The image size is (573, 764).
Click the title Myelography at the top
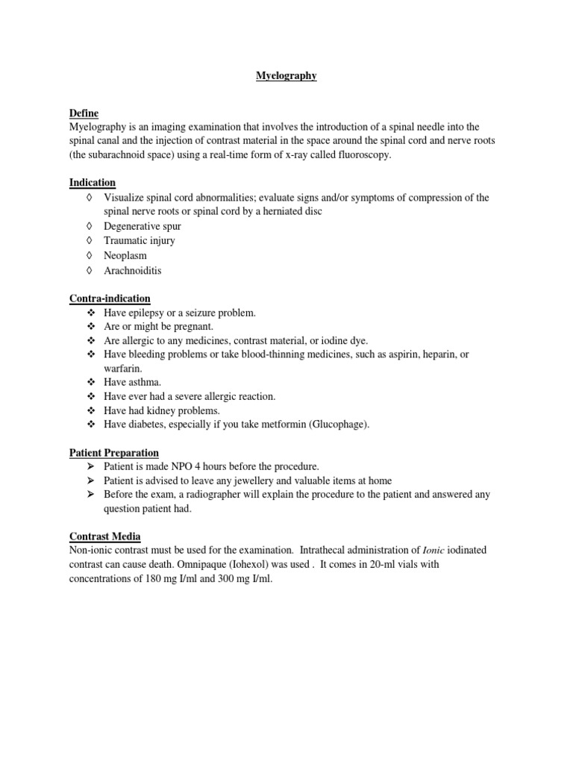[286, 76]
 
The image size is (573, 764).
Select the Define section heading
[84, 113]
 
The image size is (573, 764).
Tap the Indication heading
[93, 183]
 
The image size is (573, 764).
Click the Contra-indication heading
[110, 298]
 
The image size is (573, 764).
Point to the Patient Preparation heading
[113, 452]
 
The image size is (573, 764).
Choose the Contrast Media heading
[105, 536]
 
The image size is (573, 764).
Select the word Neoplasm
[125, 256]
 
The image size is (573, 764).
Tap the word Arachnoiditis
[132, 271]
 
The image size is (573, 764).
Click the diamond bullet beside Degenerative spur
[90, 226]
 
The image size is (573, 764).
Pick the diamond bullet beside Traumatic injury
[90, 241]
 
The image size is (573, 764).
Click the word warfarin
[122, 369]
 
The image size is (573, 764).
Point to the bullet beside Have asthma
[91, 382]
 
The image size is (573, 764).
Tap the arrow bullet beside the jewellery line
[91, 480]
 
